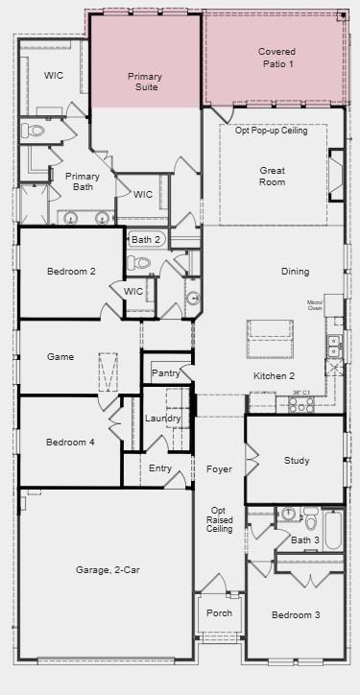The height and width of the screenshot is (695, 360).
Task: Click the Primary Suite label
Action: [x=146, y=81]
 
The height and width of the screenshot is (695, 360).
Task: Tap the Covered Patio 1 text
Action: [x=276, y=58]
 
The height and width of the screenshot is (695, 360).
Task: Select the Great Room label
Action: [x=273, y=176]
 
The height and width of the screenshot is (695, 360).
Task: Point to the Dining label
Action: [x=296, y=272]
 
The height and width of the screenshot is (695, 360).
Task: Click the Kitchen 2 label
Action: [x=275, y=375]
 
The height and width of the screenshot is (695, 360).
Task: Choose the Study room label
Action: [x=297, y=461]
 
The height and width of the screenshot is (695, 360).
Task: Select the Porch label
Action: [x=213, y=612]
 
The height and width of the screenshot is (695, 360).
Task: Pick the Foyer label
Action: [x=219, y=469]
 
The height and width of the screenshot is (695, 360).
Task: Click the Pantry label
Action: [x=165, y=372]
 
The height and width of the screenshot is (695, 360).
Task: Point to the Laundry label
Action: [x=163, y=419]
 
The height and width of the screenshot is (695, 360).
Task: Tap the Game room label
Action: [x=60, y=357]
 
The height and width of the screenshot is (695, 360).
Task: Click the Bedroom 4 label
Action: [x=71, y=442]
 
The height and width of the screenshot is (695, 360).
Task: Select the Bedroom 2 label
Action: [x=71, y=272]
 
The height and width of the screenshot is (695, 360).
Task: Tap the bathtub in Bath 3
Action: [x=333, y=529]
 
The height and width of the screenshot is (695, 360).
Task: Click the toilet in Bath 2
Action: [x=140, y=262]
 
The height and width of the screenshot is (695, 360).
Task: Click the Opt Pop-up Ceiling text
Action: [x=272, y=131]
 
